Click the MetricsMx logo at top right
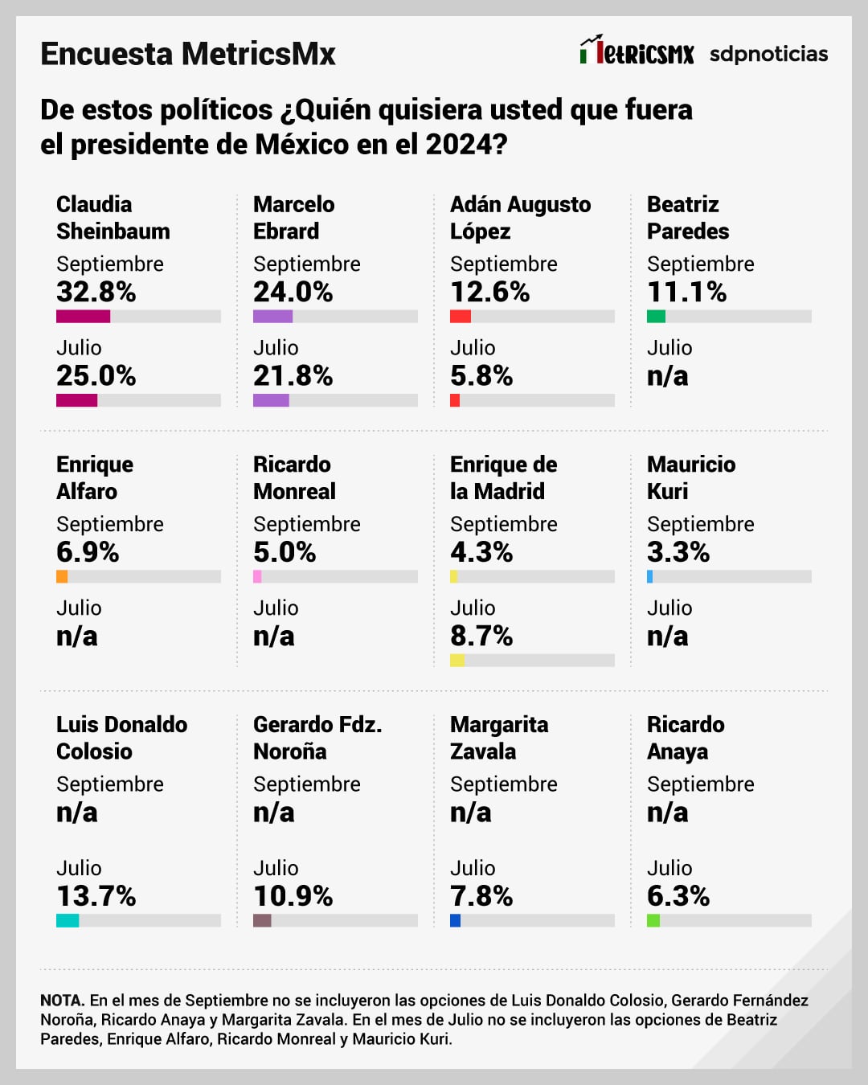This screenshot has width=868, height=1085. pos(637,51)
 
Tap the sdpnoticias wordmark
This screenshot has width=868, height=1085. pos(768,54)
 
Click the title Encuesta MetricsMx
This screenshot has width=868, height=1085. pos(188,54)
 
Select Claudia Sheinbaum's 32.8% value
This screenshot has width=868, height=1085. pos(96,292)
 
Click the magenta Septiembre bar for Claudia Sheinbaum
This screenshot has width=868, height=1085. pos(83,317)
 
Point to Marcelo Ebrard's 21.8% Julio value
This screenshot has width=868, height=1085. pos(293,375)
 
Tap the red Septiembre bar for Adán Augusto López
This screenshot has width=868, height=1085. pos(461,317)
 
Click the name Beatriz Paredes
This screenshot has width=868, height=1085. pos(688,218)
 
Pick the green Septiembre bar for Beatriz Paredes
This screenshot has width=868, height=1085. pos(656,317)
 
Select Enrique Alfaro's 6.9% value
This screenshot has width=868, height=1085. pos(88,552)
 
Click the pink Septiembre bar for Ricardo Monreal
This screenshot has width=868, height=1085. pos(257,576)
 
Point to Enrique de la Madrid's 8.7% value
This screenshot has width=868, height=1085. pos(481,636)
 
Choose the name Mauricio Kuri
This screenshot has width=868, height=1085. pos(691,477)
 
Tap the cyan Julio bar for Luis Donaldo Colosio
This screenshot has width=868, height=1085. pos(68,920)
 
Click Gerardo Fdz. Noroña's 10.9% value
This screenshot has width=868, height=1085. pos(293,896)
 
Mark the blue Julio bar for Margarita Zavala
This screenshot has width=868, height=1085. pos(455,920)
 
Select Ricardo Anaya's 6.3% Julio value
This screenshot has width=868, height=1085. pos(678,896)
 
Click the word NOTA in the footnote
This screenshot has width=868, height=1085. pos(63,1001)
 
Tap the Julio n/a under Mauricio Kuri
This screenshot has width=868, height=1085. pos(668,636)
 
